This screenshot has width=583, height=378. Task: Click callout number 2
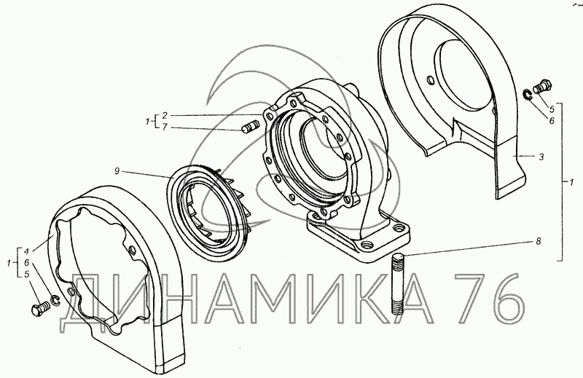165,115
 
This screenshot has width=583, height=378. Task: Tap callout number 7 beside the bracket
165,127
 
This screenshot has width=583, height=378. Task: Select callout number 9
117,171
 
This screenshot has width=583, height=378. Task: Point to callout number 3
541,157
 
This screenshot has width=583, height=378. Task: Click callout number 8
538,241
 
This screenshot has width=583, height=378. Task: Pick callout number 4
26,250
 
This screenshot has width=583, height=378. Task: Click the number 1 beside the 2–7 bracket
148,121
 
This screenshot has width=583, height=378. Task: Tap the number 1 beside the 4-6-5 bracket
9,263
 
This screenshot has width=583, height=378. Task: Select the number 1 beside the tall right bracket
571,183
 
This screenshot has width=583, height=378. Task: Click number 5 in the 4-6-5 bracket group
26,275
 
